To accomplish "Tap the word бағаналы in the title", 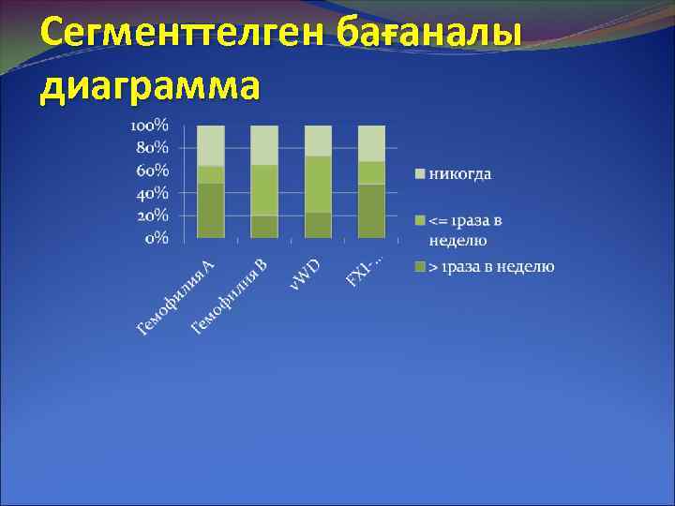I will pos(441,35).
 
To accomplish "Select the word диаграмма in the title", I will pos(149,85).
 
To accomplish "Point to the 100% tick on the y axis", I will pos(149,125).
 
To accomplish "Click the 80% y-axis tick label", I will pos(153,147).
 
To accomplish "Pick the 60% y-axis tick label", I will pos(153,170).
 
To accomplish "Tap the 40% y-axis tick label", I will pos(153,192).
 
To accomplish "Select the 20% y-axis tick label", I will pos(153,215).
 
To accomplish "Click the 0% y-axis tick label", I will pos(157,237).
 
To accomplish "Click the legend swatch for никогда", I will pos(421,174).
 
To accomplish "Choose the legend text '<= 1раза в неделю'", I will pos(465,230).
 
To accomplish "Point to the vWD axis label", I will pos(304,272).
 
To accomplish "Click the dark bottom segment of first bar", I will pos(211,211).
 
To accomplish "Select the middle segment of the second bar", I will pos(264,190).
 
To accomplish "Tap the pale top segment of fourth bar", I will pos(372,143).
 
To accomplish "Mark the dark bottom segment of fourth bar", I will pos(372,211).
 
